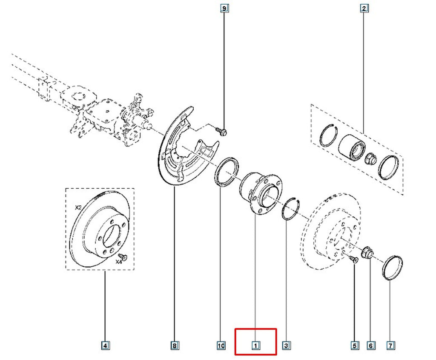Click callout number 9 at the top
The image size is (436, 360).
pyautogui.click(x=224, y=9)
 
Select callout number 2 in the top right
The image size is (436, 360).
pyautogui.click(x=364, y=9)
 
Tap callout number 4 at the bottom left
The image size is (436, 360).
pyautogui.click(x=105, y=346)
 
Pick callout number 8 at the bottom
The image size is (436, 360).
pyautogui.click(x=174, y=346)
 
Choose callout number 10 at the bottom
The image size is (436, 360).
pyautogui.click(x=221, y=346)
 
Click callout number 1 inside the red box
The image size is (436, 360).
pyautogui.click(x=255, y=346)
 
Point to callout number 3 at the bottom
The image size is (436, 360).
pyautogui.click(x=286, y=346)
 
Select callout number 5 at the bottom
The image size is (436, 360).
pyautogui.click(x=355, y=346)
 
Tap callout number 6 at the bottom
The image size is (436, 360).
pyautogui.click(x=371, y=346)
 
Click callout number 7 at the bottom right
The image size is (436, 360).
pyautogui.click(x=390, y=346)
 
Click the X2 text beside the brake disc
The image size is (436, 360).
pyautogui.click(x=78, y=207)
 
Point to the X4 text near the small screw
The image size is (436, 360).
pyautogui.click(x=119, y=262)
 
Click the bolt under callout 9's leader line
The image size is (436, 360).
pyautogui.click(x=221, y=131)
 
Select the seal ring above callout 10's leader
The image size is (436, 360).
pyautogui.click(x=227, y=171)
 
